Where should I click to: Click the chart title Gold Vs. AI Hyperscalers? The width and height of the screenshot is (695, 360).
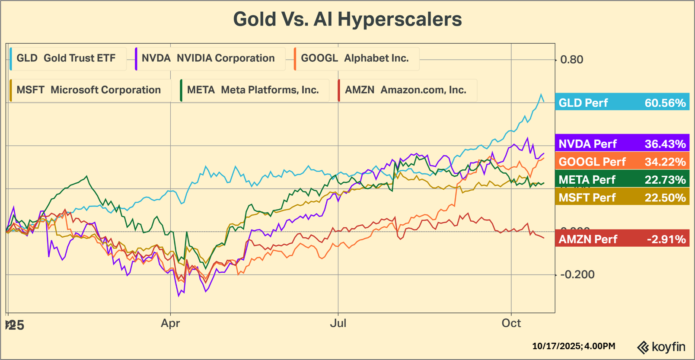tap(347, 19)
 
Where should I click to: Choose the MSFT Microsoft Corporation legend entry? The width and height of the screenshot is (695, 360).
tap(89, 90)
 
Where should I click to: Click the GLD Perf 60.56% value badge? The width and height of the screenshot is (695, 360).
tap(622, 103)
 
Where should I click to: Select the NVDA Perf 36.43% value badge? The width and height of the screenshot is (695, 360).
tap(622, 143)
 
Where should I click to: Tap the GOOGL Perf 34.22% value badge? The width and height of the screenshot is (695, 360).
tap(622, 162)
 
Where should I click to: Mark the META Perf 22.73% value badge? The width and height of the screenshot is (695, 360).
tap(622, 179)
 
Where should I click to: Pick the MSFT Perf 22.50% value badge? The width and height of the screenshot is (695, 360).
tap(622, 198)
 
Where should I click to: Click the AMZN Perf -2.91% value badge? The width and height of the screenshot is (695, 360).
tap(622, 239)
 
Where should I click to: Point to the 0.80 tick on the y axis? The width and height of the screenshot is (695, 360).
tap(571, 60)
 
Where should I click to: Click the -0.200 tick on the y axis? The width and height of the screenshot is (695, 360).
tap(577, 274)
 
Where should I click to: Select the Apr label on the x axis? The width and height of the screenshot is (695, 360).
tap(170, 323)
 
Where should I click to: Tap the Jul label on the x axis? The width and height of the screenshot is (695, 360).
tap(338, 323)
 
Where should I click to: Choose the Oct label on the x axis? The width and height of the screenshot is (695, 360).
tap(511, 323)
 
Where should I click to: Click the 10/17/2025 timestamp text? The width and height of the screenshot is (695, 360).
tap(574, 346)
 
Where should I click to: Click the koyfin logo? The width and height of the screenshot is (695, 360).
tap(661, 347)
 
